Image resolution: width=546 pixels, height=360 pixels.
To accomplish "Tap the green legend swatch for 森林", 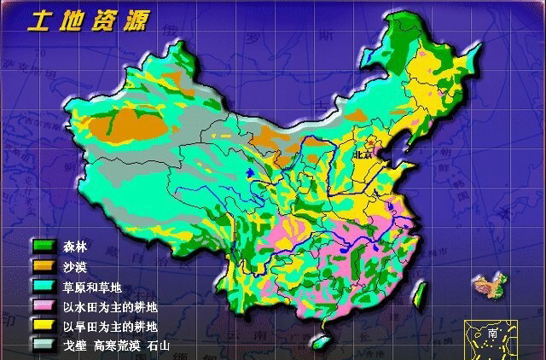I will coord(44,247).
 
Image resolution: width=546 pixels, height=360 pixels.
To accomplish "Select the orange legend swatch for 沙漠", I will coord(44,266).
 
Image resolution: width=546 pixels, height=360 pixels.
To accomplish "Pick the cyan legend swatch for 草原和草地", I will coord(44,286).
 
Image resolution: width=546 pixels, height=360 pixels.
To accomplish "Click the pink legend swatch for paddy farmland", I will coord(44,305).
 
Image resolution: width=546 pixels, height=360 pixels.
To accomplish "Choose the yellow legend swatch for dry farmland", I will coord(44,325).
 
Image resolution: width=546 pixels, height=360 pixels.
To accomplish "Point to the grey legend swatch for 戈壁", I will coord(44,345).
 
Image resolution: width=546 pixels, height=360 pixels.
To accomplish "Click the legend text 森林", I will coord(75,247).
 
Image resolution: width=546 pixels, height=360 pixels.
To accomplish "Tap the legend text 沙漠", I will coord(75,266).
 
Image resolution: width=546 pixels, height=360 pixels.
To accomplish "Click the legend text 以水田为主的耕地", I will coord(109,305).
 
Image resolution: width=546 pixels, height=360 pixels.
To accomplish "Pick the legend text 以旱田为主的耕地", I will coord(109,325).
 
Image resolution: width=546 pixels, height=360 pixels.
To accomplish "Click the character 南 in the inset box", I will coord(493,334).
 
